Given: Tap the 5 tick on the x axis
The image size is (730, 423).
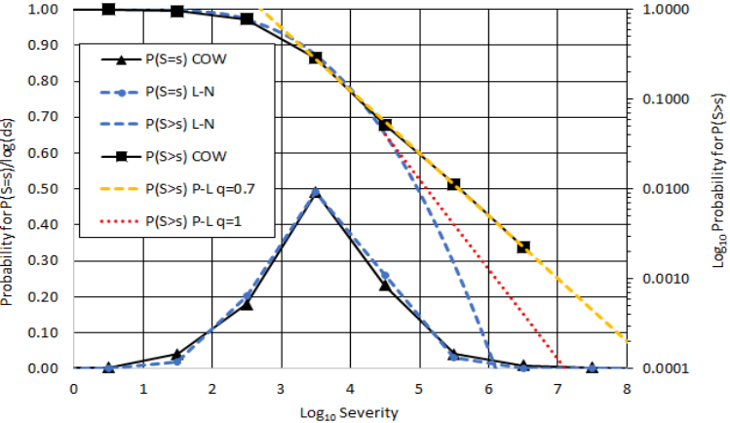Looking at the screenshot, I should tap(419, 385).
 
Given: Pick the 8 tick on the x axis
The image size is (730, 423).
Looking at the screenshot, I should tap(626, 385).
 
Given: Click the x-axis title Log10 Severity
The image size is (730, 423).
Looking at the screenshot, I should tap(350, 410).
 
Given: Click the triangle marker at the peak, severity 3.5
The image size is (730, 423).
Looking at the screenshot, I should tap(316, 193).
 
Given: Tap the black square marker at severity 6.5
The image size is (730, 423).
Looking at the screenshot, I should tap(523, 247).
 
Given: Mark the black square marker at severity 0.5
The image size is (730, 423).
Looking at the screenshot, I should tap(108, 10).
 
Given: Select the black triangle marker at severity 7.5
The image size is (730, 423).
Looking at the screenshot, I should tap(592, 368).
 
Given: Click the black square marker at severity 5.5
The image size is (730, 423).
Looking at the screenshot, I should tap(453, 184).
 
